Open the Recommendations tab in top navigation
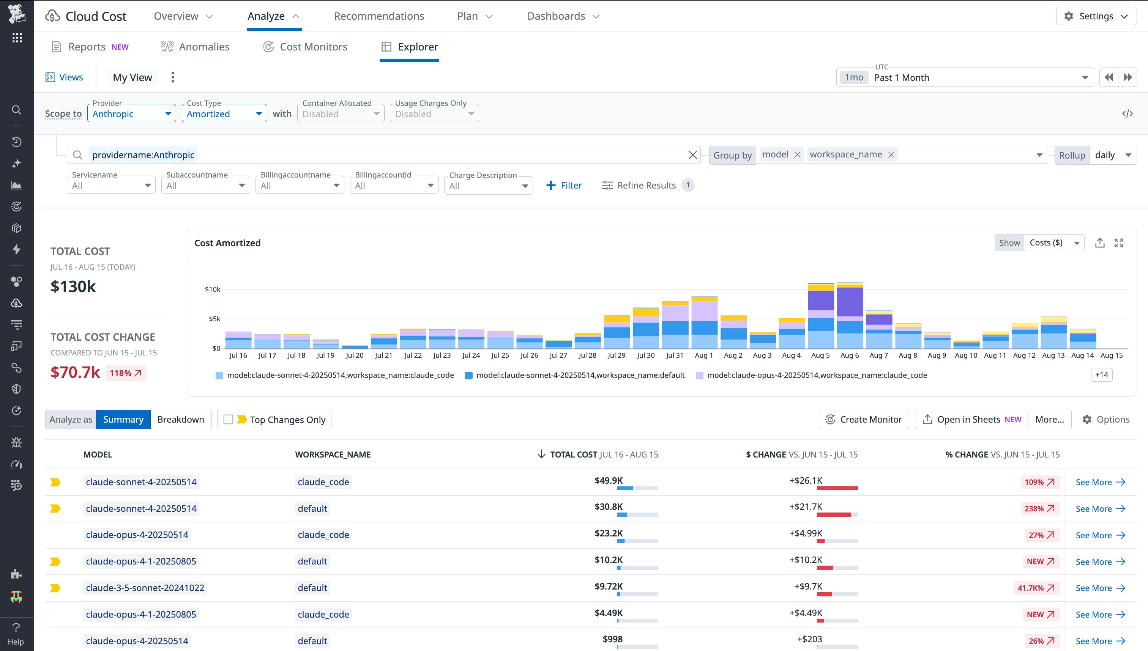378,16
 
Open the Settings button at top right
1096,16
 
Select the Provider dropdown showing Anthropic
131,113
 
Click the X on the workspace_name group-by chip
891,155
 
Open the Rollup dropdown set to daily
1113,155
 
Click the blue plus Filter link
564,185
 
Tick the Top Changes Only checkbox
228,420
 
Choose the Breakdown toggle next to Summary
180,420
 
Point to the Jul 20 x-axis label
354,355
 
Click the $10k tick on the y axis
213,289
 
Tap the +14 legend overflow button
1101,375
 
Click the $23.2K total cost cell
609,533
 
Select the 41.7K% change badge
1036,588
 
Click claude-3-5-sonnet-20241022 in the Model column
145,588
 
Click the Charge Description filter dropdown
488,186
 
